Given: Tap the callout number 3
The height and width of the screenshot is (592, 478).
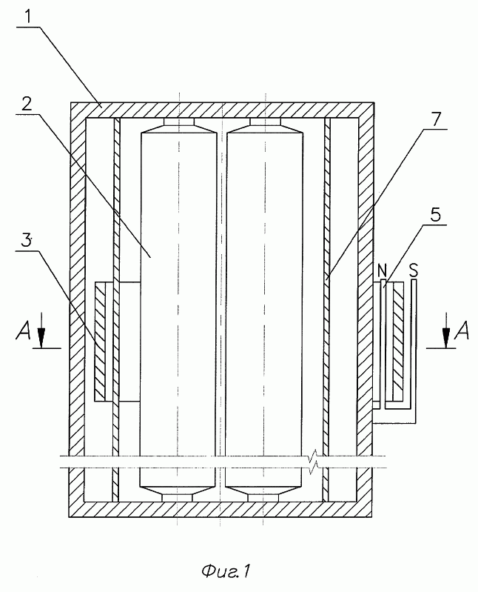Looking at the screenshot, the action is point(26,240).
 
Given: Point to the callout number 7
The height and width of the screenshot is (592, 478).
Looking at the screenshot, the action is point(435,119).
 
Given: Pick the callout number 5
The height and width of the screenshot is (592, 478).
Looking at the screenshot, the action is point(435,215).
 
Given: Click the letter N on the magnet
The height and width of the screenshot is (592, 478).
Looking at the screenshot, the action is point(382,270).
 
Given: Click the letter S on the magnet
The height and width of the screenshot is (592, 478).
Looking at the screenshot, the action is point(414,270).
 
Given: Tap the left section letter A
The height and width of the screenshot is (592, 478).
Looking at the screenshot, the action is point(23,331).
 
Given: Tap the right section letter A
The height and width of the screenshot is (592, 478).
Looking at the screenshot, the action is point(462,330).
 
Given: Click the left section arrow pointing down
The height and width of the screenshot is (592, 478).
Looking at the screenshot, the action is point(41,329).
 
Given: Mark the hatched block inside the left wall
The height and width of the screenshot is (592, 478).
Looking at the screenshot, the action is point(101,343).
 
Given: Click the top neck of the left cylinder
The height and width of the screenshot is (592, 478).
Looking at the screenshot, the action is point(179,122).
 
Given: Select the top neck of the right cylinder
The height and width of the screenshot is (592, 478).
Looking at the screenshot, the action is point(266,122).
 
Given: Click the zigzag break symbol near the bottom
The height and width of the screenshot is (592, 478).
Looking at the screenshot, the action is point(313,462).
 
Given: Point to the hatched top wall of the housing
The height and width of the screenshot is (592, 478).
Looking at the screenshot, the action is point(223,110).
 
